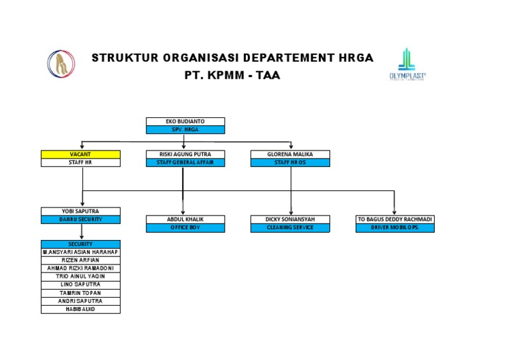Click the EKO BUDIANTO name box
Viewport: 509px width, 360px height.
(185, 121)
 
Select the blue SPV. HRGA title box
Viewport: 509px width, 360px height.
(185, 130)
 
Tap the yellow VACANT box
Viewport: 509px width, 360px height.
(80, 154)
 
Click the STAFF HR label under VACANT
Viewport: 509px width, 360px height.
(80, 162)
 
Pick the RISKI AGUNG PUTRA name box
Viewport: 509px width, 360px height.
(185, 154)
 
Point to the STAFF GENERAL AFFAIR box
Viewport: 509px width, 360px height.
(185, 162)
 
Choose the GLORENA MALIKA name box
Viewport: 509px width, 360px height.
(290, 154)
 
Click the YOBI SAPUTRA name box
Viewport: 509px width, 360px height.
(80, 211)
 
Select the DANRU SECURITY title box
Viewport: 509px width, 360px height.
(80, 219)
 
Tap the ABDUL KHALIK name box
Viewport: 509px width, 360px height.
(185, 219)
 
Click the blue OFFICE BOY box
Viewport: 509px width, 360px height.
(185, 228)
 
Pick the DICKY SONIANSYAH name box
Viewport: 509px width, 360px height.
(290, 219)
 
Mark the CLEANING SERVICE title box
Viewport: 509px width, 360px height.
(290, 228)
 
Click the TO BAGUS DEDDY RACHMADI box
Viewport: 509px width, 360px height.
(394, 219)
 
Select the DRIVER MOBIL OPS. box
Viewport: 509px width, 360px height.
(394, 228)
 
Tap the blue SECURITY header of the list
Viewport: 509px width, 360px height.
(80, 244)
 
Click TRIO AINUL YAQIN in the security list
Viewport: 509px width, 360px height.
(80, 276)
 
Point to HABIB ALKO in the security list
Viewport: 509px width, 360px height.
(80, 309)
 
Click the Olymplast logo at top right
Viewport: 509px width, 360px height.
(407, 64)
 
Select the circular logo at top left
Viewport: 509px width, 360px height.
(60, 63)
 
